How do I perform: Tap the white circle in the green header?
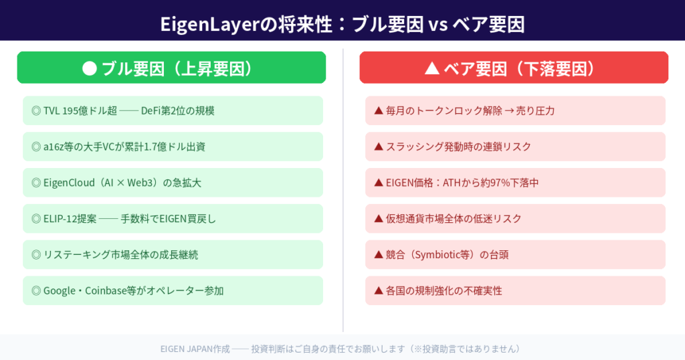click(x=90, y=68)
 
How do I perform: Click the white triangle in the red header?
click(x=432, y=68)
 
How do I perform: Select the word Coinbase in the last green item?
click(x=108, y=291)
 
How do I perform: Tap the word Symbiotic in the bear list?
click(x=447, y=256)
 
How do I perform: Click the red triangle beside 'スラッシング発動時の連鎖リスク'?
click(x=378, y=147)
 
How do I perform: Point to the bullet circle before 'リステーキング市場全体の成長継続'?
click(x=36, y=255)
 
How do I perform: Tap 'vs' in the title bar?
click(x=437, y=25)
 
